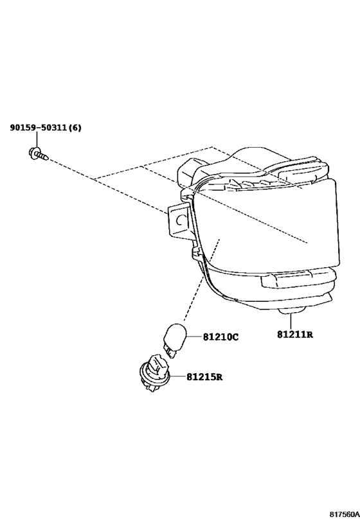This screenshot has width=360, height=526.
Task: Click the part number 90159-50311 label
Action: (39, 127)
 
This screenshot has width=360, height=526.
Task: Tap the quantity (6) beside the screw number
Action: (75, 127)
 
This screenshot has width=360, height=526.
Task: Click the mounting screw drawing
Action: (38, 154)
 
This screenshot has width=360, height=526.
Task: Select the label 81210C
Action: (221, 337)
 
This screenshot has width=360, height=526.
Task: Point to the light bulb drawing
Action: (174, 340)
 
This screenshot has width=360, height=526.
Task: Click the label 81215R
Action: (204, 377)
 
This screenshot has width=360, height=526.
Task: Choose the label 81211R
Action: (295, 334)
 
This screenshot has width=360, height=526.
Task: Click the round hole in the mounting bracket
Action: (179, 220)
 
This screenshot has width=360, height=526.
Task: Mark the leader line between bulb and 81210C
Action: (194, 336)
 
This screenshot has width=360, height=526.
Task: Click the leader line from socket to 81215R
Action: (178, 377)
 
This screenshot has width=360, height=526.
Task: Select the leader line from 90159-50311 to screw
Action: (36, 140)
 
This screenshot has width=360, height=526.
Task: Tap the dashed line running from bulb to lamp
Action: (201, 280)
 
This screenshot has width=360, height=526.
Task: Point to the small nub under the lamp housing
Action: (292, 311)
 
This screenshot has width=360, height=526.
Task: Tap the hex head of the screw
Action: (33, 152)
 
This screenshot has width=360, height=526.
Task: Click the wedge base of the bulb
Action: (169, 351)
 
